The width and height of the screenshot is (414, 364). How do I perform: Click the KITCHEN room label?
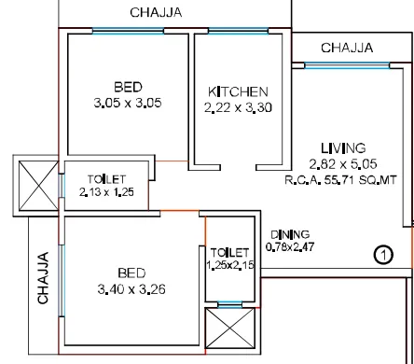(238, 91)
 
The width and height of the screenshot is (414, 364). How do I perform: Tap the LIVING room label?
(343, 148)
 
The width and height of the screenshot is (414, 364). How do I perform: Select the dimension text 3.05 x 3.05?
(128, 103)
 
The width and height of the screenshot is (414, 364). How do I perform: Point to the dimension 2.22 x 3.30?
(238, 107)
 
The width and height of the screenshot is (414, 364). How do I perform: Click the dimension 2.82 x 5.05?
(343, 163)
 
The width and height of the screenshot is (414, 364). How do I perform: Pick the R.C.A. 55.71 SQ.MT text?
(340, 180)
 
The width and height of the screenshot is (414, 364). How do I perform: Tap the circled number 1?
(383, 255)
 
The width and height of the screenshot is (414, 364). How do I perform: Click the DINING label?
(290, 234)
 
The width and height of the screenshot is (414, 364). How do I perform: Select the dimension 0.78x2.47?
(290, 246)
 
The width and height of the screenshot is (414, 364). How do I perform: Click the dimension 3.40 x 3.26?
(131, 289)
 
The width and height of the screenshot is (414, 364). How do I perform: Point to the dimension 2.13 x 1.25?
(106, 192)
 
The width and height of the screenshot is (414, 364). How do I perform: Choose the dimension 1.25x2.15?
(230, 265)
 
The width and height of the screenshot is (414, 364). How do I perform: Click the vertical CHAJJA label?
(43, 278)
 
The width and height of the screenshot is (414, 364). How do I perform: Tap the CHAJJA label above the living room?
(347, 48)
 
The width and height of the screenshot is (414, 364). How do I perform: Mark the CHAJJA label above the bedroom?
(156, 12)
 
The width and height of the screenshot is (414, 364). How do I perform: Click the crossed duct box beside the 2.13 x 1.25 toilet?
(38, 186)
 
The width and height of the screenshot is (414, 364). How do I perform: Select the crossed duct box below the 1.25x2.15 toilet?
(230, 328)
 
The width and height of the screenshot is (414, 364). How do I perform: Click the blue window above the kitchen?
(238, 31)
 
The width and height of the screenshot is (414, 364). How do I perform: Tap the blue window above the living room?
(347, 65)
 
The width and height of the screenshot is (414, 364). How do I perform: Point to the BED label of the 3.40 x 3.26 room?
(131, 273)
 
